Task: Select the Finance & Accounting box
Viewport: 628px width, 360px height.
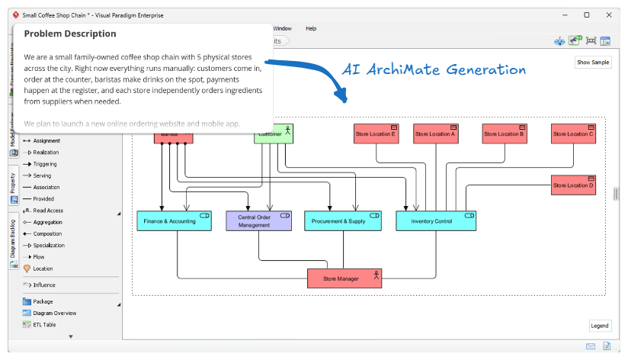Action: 170,221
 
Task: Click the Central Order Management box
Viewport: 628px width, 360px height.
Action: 258,221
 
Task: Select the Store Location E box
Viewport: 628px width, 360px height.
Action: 376,133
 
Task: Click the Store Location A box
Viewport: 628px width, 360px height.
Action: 435,133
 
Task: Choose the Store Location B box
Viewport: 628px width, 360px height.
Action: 505,133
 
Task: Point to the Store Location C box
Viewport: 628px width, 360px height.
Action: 573,133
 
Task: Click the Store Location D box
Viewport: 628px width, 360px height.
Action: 573,185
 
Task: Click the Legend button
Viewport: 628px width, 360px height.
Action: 600,326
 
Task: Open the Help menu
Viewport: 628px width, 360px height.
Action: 311,28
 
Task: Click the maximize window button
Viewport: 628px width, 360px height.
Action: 586,14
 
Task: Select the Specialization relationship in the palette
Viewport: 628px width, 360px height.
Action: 49,246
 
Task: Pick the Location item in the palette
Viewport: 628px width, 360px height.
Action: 43,268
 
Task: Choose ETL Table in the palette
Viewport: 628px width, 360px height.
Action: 44,324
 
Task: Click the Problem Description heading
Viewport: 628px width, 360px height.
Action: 70,34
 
